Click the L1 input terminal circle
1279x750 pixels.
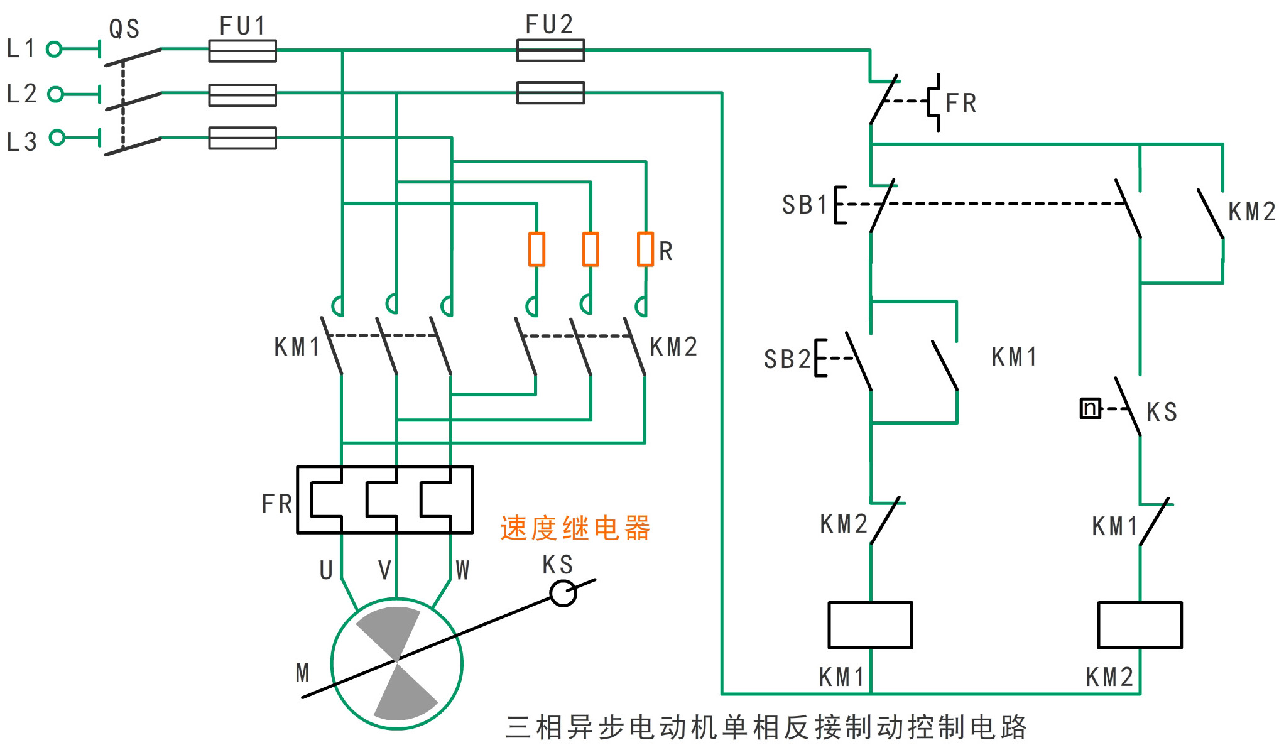point(55,49)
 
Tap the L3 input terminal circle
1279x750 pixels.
point(57,138)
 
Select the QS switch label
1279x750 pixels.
point(124,29)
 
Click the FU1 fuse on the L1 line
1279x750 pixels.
point(242,51)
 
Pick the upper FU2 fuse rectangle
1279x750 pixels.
point(550,50)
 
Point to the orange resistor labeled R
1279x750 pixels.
point(646,249)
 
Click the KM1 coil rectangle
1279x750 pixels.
point(870,625)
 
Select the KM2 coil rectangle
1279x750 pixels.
point(1140,625)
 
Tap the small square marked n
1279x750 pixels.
point(1091,408)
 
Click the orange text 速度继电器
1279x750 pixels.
point(575,528)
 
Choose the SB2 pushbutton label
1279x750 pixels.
point(787,359)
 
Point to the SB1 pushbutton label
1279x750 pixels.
point(805,205)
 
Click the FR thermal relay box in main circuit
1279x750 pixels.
point(384,499)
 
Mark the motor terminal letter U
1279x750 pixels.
point(326,570)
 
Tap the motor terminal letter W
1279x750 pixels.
point(462,570)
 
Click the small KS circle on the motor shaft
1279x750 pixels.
point(563,593)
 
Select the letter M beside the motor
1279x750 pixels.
point(303,673)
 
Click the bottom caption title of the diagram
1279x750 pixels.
point(766,727)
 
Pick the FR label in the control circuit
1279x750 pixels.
point(961,104)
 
